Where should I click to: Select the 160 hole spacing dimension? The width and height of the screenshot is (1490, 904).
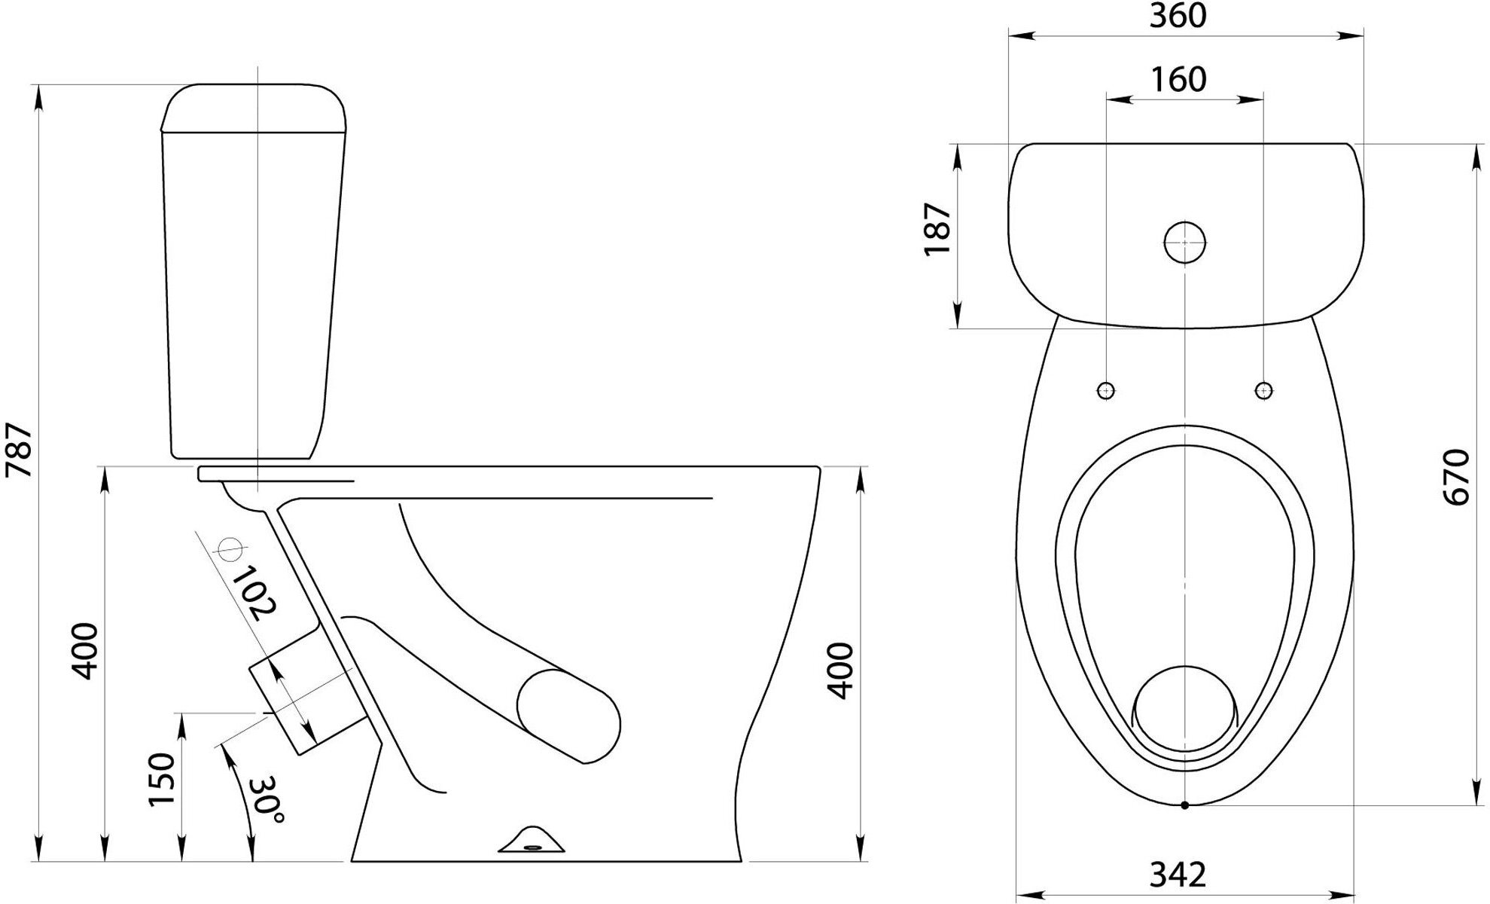[x=1179, y=79]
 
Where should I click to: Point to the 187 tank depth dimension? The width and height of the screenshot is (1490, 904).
[x=938, y=229]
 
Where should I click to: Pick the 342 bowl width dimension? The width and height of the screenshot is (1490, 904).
[x=1178, y=875]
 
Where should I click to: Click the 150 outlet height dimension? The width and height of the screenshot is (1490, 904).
[x=163, y=779]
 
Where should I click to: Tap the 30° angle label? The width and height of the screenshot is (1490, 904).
[x=268, y=800]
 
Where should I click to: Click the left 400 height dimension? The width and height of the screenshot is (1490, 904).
[x=84, y=651]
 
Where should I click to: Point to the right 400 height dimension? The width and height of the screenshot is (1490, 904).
[x=841, y=670]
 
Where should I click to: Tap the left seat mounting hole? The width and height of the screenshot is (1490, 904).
[x=1106, y=390]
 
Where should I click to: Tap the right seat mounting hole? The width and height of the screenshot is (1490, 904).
[x=1264, y=390]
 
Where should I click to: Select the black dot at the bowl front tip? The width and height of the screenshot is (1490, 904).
[x=1184, y=805]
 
